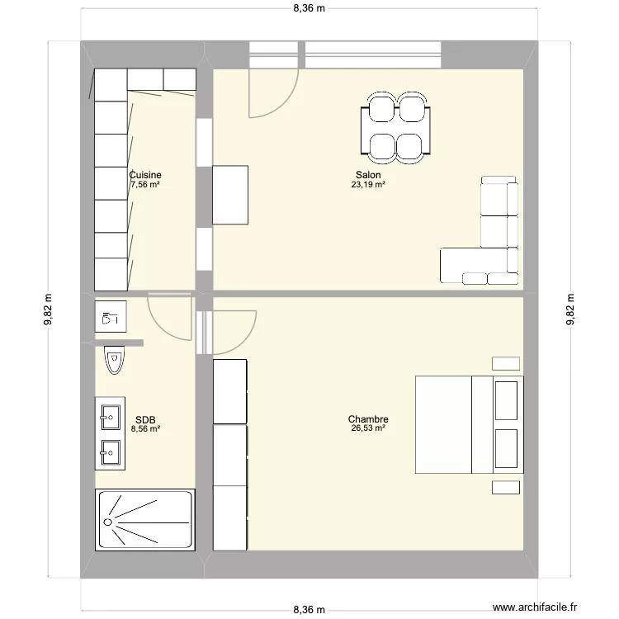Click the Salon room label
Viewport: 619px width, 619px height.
point(368,175)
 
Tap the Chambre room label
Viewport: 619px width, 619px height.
point(368,419)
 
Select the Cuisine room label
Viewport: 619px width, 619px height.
point(145,175)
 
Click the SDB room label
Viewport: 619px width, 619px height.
point(144,419)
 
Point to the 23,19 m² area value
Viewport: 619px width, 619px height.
point(368,185)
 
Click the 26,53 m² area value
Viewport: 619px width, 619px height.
point(368,428)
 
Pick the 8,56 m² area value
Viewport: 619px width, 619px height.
point(144,428)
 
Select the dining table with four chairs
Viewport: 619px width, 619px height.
point(395,127)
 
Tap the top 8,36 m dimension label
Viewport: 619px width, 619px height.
point(309,9)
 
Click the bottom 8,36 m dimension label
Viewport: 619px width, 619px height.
point(309,610)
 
